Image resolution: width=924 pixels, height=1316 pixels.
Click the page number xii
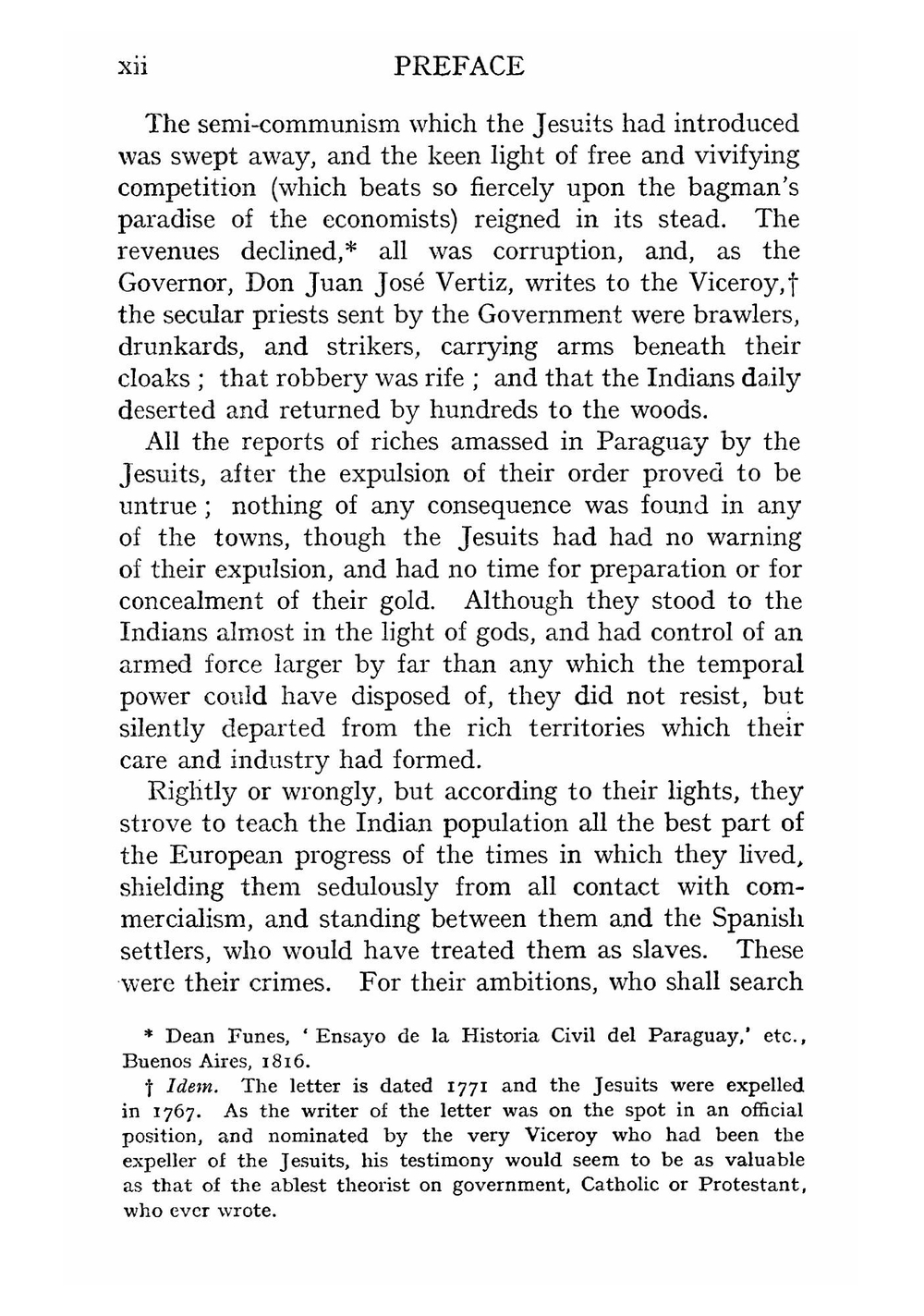click(133, 67)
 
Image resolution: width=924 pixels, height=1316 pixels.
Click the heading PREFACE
click(458, 67)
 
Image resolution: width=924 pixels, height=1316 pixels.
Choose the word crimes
click(291, 981)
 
